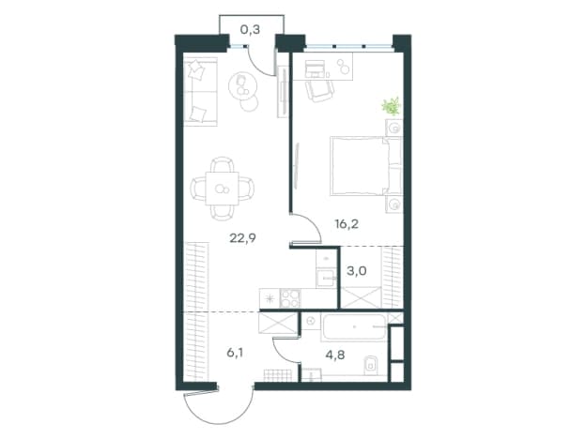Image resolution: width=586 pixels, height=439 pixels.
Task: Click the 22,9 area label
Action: tap(242, 238)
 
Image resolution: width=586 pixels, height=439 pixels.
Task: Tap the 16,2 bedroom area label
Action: tap(347, 224)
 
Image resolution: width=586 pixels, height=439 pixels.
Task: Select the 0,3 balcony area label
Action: tap(250, 29)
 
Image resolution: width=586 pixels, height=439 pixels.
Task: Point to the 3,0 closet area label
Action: tap(357, 271)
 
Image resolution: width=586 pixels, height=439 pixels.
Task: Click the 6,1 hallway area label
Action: tap(235, 352)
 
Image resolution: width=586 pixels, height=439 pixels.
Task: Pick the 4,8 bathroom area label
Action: tap(335, 355)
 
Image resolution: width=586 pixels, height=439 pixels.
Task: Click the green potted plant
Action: tap(392, 106)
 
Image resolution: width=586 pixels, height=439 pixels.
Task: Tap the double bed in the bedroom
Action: tap(366, 166)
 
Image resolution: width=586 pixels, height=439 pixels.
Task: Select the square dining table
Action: tap(222, 189)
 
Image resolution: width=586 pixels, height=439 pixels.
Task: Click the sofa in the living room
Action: tap(200, 92)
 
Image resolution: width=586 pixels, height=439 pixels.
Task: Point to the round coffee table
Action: tap(243, 86)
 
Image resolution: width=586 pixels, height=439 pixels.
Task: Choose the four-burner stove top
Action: tap(290, 298)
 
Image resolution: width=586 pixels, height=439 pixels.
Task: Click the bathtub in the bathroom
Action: tap(353, 327)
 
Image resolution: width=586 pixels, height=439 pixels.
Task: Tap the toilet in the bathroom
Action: tap(370, 364)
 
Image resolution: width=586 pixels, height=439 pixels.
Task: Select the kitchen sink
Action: tap(326, 278)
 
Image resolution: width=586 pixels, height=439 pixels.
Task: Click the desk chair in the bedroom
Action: tap(319, 91)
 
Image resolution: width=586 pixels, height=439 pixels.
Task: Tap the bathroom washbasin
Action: tap(311, 320)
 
